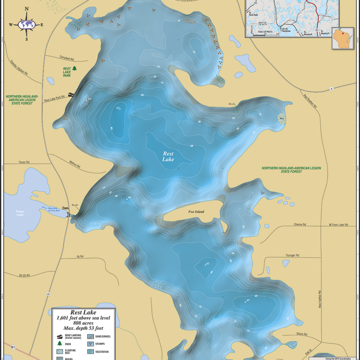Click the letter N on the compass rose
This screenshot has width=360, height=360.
pyautogui.click(x=26, y=9)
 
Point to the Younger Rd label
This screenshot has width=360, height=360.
pyautogui.click(x=292, y=255)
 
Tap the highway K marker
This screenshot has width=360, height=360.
pyautogui.click(x=331, y=89)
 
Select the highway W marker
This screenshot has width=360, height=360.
pyautogui.click(x=48, y=293)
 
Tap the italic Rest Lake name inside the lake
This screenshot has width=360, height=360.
pyautogui.click(x=168, y=156)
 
